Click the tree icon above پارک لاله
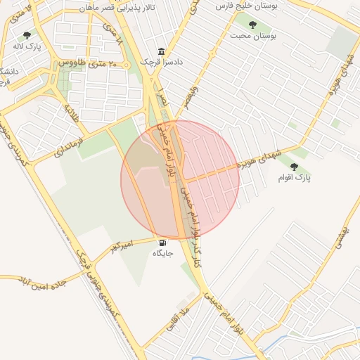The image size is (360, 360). click(27, 34)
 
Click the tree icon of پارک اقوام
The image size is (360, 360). click(294, 167)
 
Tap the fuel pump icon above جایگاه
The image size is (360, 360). click(163, 242)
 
